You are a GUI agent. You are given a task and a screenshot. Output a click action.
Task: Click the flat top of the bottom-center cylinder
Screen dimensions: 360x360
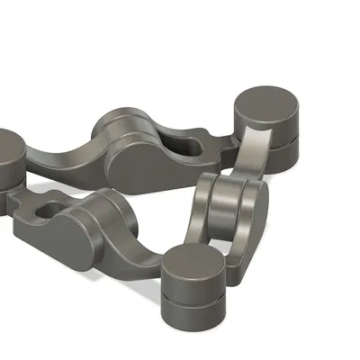point(194,265)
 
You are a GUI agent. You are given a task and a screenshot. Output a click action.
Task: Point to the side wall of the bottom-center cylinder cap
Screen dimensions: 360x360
point(193,290)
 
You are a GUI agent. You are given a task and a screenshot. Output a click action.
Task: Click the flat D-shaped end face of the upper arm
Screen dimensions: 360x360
point(142,166)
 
